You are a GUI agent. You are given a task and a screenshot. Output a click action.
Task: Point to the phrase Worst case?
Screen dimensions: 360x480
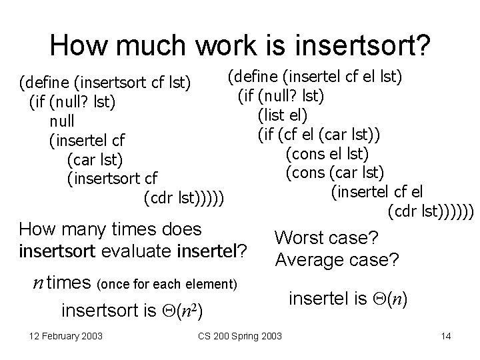[x=327, y=238]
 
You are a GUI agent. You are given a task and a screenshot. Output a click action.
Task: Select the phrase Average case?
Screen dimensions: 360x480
[x=337, y=259]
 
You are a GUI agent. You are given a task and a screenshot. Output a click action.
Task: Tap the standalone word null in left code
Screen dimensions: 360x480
[x=62, y=121]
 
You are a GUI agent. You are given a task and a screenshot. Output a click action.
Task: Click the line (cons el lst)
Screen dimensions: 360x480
[x=327, y=154]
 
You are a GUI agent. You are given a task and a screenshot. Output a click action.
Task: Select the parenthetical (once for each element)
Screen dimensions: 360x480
[x=167, y=285]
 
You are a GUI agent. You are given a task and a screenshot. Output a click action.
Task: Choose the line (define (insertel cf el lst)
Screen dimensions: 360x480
[x=315, y=77]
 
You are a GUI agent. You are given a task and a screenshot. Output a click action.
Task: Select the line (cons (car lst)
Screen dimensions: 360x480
[x=334, y=173]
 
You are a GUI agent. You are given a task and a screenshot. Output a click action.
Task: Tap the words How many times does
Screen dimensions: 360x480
[x=110, y=230]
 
